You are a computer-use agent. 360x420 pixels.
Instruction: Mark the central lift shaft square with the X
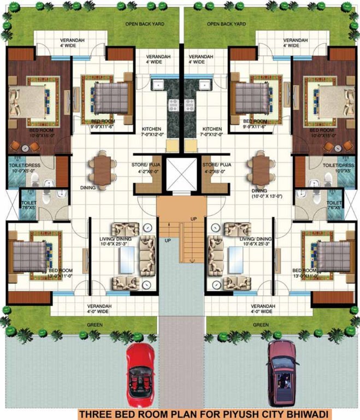(180, 174)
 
